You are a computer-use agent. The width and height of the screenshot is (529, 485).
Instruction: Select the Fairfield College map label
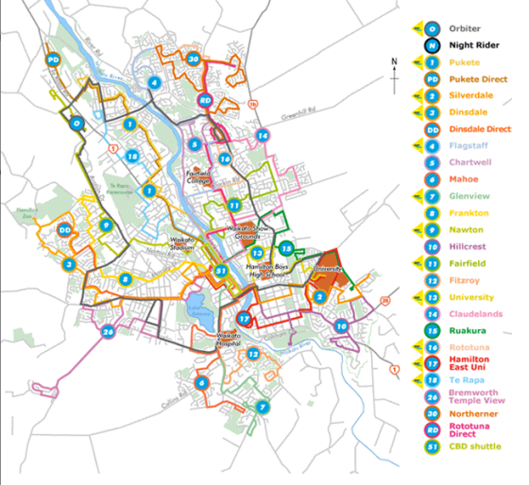pos(198,176)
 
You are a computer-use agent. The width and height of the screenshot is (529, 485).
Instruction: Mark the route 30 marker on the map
pos(193,59)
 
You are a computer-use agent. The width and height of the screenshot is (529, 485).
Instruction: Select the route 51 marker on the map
pos(221,271)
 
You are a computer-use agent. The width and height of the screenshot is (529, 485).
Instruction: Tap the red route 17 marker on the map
pos(244,320)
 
